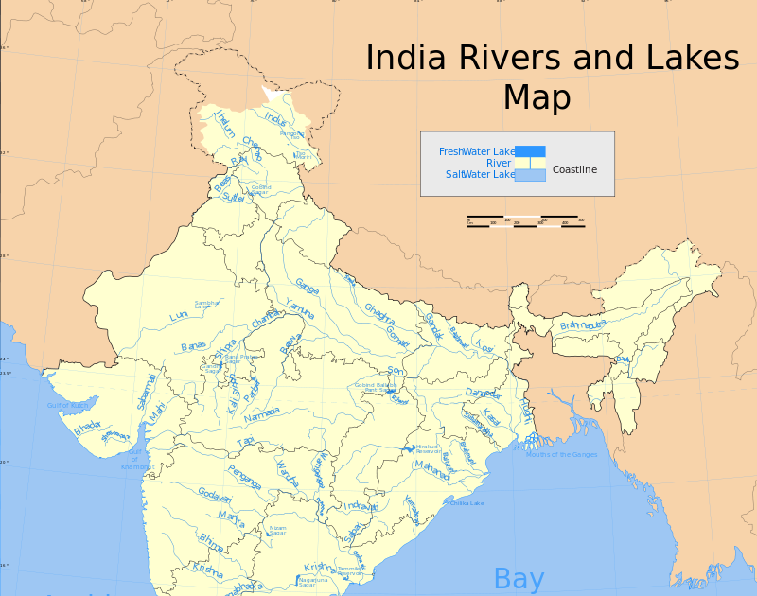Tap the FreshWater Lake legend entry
[x=477, y=151]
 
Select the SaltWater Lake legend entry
[x=480, y=174]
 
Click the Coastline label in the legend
[x=574, y=169]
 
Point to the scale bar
[x=525, y=221]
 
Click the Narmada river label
[x=262, y=415]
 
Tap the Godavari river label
[x=214, y=495]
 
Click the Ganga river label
[x=307, y=284]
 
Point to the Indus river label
[x=275, y=119]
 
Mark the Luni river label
[x=178, y=315]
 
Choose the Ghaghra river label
[x=378, y=314]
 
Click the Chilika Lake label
[x=467, y=503]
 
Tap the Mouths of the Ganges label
[x=562, y=454]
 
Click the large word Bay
[x=519, y=578]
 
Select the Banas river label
[x=193, y=346]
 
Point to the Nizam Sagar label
[x=277, y=530]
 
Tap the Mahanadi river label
[x=431, y=469]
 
